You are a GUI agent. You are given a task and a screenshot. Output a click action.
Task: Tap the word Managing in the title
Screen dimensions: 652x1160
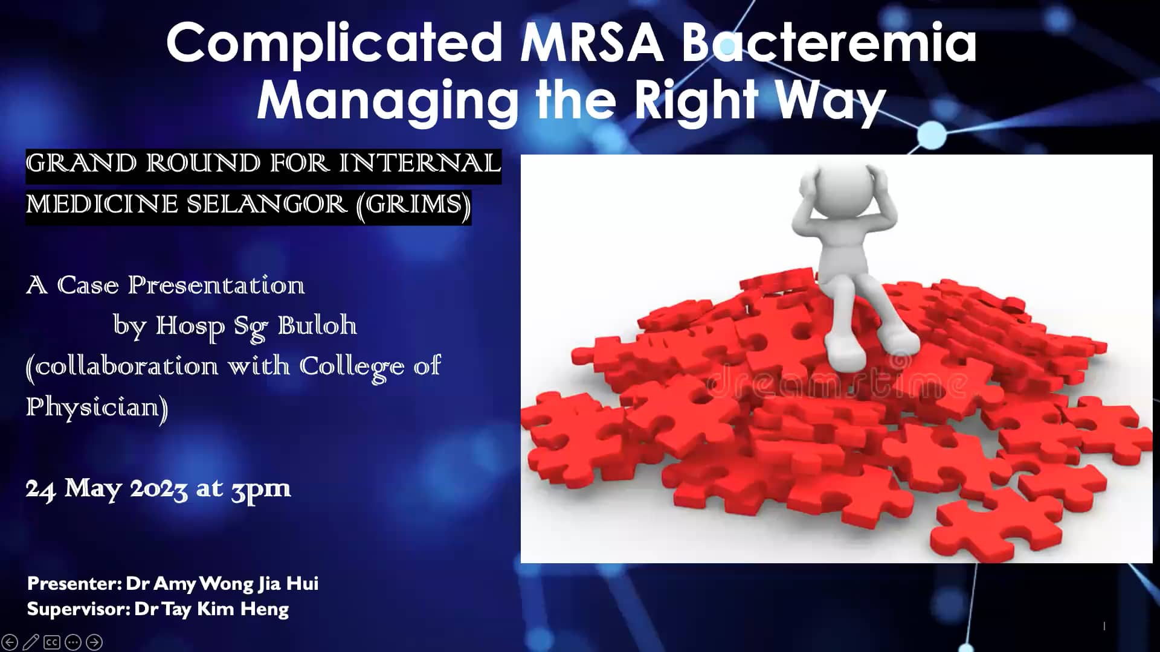387,100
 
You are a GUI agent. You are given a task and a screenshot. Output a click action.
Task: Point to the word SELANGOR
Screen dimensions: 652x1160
266,205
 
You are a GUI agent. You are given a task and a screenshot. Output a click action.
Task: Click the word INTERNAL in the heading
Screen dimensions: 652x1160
419,163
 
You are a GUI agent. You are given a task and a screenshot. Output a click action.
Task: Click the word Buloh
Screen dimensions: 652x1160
317,325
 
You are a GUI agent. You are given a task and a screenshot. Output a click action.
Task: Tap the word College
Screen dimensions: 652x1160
352,366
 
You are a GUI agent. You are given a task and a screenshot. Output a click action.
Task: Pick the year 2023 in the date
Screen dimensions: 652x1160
158,488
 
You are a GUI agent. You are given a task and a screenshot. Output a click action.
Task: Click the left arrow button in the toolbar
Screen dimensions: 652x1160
10,642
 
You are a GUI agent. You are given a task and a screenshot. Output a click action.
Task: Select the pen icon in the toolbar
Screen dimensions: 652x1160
31,642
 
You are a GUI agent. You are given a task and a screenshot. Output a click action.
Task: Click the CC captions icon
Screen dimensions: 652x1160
52,642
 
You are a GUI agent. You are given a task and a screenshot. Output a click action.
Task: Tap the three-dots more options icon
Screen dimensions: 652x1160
73,642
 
